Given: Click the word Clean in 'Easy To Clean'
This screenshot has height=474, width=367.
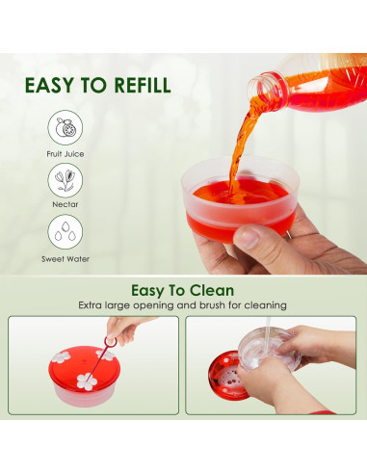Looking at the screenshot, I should click(x=214, y=290).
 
